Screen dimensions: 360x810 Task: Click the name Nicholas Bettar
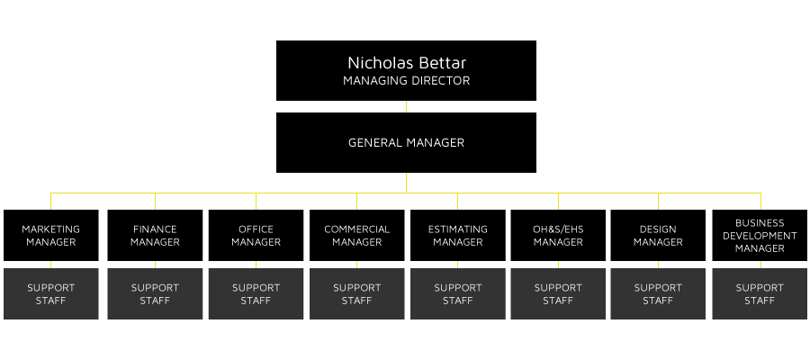pyautogui.click(x=406, y=63)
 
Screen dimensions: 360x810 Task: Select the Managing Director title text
pyautogui.click(x=406, y=81)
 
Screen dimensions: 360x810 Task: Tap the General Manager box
pyautogui.click(x=406, y=142)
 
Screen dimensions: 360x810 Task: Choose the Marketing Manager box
pyautogui.click(x=50, y=236)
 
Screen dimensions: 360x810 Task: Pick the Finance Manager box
pyautogui.click(x=155, y=236)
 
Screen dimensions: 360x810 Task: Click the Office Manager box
pyautogui.click(x=256, y=236)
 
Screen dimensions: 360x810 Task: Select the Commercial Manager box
pyautogui.click(x=356, y=236)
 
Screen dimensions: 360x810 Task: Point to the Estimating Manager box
pyautogui.click(x=457, y=236)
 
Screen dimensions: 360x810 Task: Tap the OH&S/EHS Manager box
pyautogui.click(x=558, y=236)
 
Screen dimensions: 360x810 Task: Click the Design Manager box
pyautogui.click(x=658, y=236)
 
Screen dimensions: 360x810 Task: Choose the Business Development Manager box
pyautogui.click(x=760, y=236)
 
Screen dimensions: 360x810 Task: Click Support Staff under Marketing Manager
pyautogui.click(x=50, y=293)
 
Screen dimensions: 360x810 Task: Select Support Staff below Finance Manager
pyautogui.click(x=155, y=293)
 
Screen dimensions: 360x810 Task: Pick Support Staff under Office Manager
pyautogui.click(x=256, y=293)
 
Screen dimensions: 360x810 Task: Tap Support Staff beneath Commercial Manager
pyautogui.click(x=356, y=293)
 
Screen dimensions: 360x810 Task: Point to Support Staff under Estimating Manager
pyautogui.click(x=457, y=293)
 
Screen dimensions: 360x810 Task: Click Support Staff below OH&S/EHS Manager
pyautogui.click(x=558, y=293)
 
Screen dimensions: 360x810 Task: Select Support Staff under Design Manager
pyautogui.click(x=658, y=293)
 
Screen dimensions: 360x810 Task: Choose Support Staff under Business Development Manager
pyautogui.click(x=760, y=293)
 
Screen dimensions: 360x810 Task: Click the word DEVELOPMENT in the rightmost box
pyautogui.click(x=760, y=236)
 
